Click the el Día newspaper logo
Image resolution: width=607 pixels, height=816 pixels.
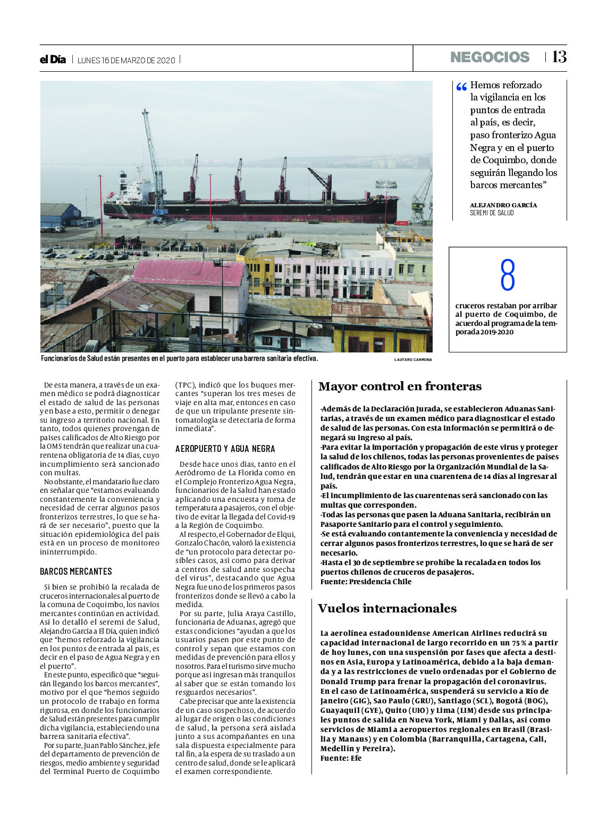click(x=53, y=60)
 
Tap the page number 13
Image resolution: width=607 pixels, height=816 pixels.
click(x=559, y=57)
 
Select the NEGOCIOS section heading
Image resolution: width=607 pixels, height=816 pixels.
click(x=490, y=57)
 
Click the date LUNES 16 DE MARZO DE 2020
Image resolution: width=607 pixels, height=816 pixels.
click(x=126, y=60)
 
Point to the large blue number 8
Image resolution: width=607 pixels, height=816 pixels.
click(x=508, y=275)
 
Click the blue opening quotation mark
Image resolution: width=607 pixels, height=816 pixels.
click(x=461, y=87)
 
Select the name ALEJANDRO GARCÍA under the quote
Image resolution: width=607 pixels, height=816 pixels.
click(x=503, y=205)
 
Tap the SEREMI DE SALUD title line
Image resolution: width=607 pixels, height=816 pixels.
click(x=492, y=213)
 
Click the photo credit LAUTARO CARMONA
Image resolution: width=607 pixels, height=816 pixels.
click(x=413, y=360)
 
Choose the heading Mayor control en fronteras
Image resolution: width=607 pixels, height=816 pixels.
click(x=400, y=386)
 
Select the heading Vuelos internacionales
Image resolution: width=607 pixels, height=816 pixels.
click(x=387, y=609)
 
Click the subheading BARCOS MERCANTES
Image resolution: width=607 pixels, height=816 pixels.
click(x=76, y=571)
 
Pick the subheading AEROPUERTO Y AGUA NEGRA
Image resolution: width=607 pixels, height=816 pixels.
click(x=225, y=449)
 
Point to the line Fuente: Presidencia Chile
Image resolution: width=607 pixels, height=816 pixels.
click(x=366, y=582)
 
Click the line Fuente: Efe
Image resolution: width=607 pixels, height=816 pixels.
click(x=341, y=758)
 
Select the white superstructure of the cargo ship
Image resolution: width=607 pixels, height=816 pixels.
click(x=131, y=189)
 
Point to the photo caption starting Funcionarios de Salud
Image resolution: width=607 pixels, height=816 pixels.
click(x=179, y=359)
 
